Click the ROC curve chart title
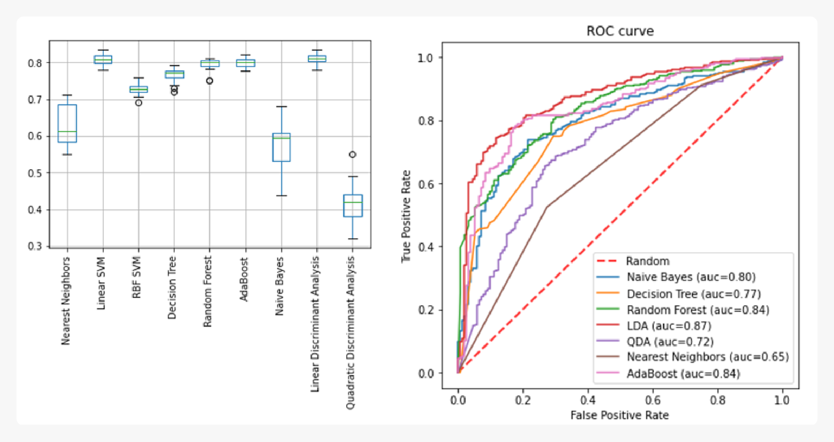620,31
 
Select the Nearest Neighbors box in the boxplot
67,123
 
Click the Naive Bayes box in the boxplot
281,147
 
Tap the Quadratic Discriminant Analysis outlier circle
353,155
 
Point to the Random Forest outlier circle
210,81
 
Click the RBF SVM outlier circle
139,103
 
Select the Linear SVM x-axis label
102,283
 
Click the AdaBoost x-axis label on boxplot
244,279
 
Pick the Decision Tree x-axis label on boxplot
172,287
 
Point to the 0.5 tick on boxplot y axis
35,173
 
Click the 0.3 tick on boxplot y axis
35,246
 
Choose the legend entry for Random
647,261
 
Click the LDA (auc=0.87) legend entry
669,326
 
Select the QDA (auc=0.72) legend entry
670,342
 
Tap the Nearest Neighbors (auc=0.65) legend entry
707,357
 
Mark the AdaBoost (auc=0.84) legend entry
683,373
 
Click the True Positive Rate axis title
406,216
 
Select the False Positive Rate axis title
619,415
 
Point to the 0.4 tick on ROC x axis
588,400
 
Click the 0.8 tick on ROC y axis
426,121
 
